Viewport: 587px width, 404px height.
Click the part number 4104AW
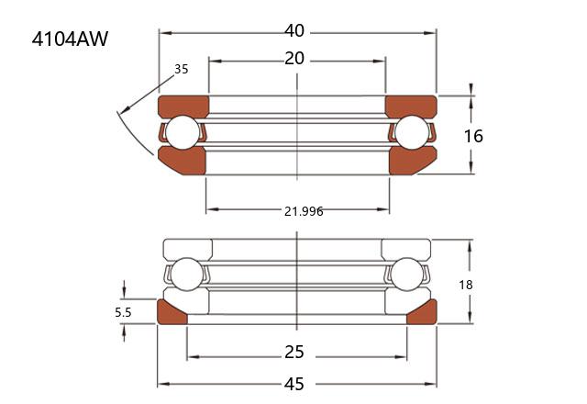pyautogui.click(x=70, y=39)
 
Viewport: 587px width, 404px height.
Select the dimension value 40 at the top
pyautogui.click(x=294, y=30)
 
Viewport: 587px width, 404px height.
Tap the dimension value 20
pyautogui.click(x=294, y=59)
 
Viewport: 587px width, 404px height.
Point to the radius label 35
pyautogui.click(x=182, y=69)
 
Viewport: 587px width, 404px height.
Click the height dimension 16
pyautogui.click(x=473, y=136)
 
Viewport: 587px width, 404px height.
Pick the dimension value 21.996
pyautogui.click(x=304, y=211)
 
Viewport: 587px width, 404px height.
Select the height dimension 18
pyautogui.click(x=466, y=286)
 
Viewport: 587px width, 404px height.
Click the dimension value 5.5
pyautogui.click(x=123, y=312)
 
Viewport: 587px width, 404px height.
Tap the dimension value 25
pyautogui.click(x=294, y=353)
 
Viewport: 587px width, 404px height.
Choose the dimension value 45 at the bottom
pyautogui.click(x=294, y=384)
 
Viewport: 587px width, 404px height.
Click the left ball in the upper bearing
pyautogui.click(x=183, y=132)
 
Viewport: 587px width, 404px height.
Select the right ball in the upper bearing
pyautogui.click(x=412, y=132)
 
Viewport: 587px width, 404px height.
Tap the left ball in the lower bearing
pyautogui.click(x=186, y=275)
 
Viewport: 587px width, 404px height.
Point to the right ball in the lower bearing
pyautogui.click(x=406, y=275)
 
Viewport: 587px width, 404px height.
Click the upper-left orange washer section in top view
pyautogui.click(x=183, y=106)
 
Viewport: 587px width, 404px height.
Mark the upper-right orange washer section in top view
pyautogui.click(x=411, y=106)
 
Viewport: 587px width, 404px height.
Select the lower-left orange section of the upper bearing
pyautogui.click(x=183, y=162)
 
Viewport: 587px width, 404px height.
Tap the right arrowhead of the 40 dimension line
pyautogui.click(x=430, y=33)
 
